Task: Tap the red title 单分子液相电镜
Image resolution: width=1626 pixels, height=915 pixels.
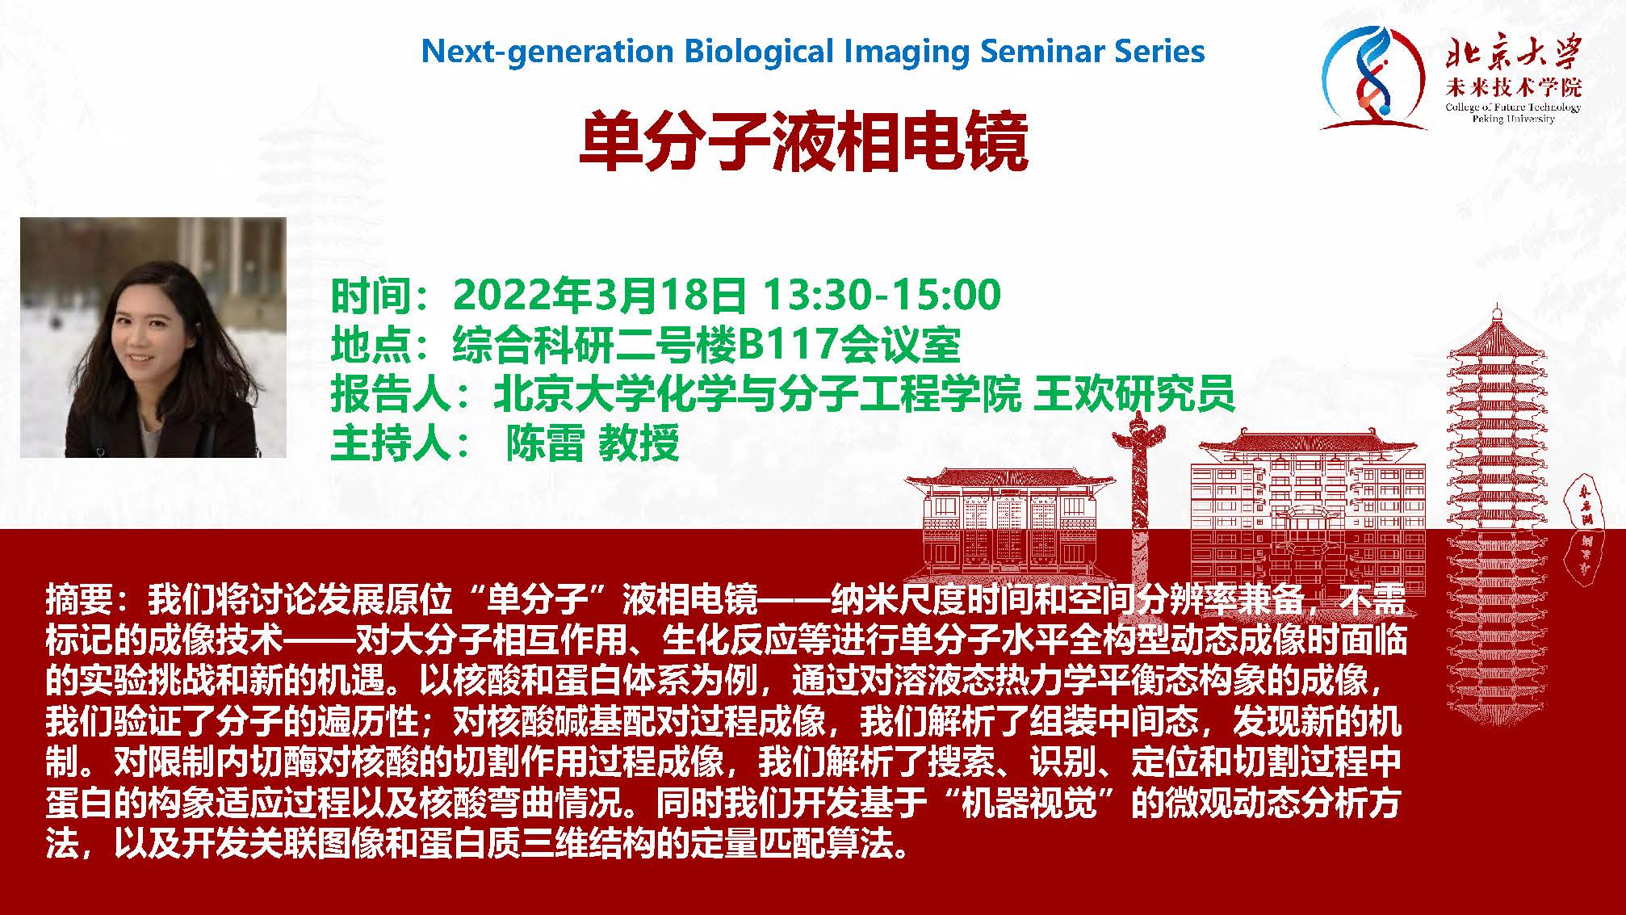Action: [803, 142]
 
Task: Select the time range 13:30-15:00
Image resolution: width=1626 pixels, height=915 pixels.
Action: [882, 295]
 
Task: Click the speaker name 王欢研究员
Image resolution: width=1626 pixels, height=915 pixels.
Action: [1134, 394]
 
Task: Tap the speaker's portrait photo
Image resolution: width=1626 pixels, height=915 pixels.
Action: [153, 338]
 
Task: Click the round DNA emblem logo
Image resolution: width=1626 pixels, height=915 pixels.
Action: [1372, 78]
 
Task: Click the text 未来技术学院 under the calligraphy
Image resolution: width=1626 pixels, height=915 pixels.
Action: [1513, 88]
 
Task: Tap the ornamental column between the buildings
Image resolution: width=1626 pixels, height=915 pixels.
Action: [1139, 493]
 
